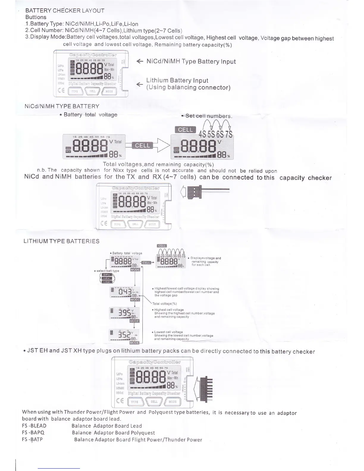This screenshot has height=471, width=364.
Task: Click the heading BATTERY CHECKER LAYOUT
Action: pyautogui.click(x=65, y=11)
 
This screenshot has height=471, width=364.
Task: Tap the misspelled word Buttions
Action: pyautogui.click(x=36, y=17)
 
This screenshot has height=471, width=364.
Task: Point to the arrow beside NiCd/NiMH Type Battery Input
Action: pyautogui.click(x=140, y=62)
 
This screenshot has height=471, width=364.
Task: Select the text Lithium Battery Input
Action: pyautogui.click(x=177, y=81)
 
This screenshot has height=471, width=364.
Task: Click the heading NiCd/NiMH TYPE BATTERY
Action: pyautogui.click(x=62, y=106)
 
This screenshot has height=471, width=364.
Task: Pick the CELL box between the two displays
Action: pyautogui.click(x=142, y=145)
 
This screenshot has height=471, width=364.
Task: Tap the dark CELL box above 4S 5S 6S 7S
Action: pyautogui.click(x=185, y=130)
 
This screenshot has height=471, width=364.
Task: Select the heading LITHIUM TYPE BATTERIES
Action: pyautogui.click(x=61, y=241)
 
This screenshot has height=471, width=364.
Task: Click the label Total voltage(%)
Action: pyautogui.click(x=164, y=304)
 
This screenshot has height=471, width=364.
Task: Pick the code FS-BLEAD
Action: pyautogui.click(x=34, y=426)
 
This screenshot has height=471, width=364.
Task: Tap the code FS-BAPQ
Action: pyautogui.click(x=33, y=433)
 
